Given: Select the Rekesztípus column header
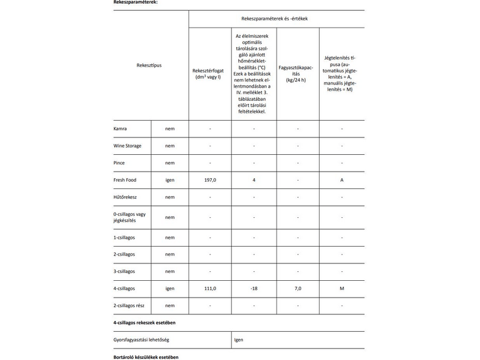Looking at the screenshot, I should [149, 65].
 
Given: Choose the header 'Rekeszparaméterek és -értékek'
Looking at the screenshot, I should [275, 19].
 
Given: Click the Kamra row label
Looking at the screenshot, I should [121, 129].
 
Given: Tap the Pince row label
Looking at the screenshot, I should [120, 163].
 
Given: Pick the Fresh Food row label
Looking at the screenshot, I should [125, 180].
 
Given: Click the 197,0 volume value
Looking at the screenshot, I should [210, 180].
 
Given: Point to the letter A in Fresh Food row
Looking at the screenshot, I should [341, 180].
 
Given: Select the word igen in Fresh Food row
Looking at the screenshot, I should [170, 180].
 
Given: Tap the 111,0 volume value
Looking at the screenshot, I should [210, 289].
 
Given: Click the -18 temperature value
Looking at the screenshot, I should [254, 289].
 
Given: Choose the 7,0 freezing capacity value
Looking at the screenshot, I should [298, 289].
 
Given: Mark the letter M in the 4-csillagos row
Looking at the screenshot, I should [341, 289].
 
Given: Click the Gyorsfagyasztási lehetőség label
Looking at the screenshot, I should [141, 340].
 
